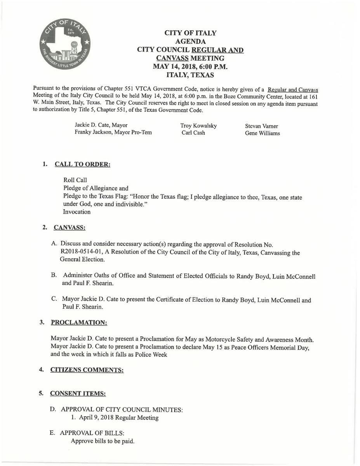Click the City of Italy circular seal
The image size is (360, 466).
(65, 43)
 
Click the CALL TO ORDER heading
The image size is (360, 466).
(82, 164)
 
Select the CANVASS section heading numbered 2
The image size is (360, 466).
(70, 227)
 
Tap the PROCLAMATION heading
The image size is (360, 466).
(79, 323)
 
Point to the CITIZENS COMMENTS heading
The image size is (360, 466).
(87, 370)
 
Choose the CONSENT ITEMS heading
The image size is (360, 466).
(78, 393)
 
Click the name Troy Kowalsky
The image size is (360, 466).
(198, 126)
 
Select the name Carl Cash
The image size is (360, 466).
(193, 133)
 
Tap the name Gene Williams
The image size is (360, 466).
(262, 133)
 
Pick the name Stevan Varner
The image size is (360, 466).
(261, 126)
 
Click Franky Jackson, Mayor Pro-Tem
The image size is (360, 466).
(113, 132)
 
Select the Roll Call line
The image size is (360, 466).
(75, 180)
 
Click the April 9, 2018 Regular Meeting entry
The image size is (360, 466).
(115, 418)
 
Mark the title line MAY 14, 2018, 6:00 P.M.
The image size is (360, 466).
(190, 66)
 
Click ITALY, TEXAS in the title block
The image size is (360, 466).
(190, 75)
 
